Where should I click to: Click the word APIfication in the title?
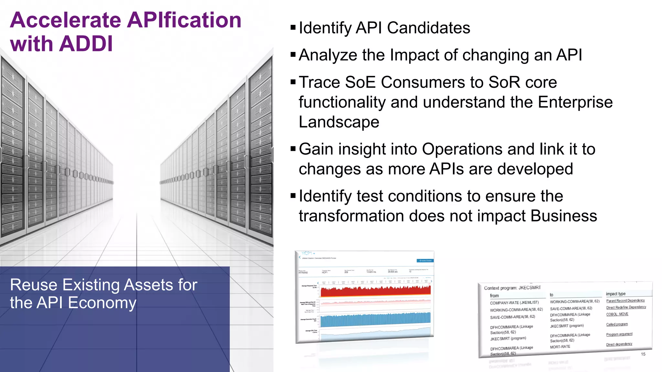point(184,20)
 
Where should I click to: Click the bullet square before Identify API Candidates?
point(293,27)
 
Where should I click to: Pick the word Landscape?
point(339,122)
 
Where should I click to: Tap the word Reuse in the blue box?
point(34,285)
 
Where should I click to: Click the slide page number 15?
point(643,354)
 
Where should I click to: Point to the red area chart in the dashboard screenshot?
point(375,291)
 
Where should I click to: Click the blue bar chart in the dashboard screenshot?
point(375,319)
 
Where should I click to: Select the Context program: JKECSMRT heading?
point(512,288)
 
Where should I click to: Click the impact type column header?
point(615,294)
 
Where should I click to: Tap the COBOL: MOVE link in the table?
point(617,314)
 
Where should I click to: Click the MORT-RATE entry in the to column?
point(560,347)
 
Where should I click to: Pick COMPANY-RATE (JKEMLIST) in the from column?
point(514,303)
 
